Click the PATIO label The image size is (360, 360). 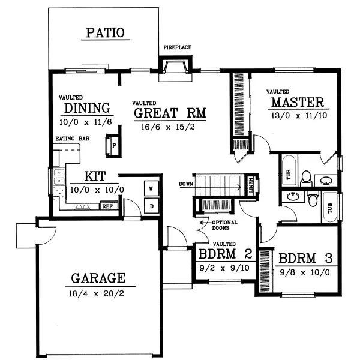pyautogui.click(x=105, y=32)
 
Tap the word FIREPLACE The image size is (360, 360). pyautogui.click(x=178, y=47)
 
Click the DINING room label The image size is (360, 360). pyautogui.click(x=88, y=109)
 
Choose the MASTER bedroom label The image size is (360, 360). pyautogui.click(x=297, y=102)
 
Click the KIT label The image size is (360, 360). pyautogui.click(x=95, y=177)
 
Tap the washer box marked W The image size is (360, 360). pyautogui.click(x=152, y=188)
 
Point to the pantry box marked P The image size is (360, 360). pyautogui.click(x=113, y=146)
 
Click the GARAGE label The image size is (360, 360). pyautogui.click(x=98, y=278)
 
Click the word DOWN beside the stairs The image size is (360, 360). pyautogui.click(x=186, y=184)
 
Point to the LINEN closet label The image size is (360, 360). pyautogui.click(x=250, y=185)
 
